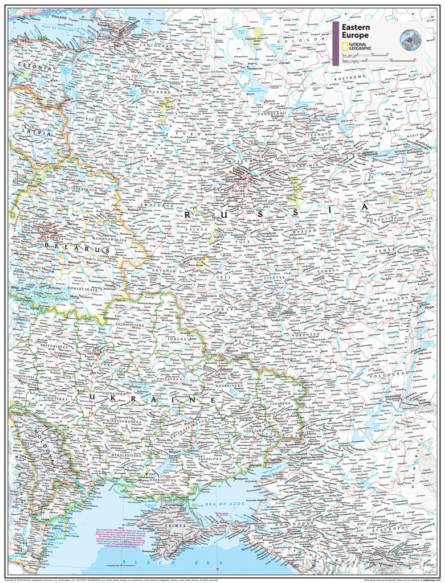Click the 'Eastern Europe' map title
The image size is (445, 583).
click(x=356, y=31)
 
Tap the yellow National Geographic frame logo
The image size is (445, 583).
click(x=345, y=47)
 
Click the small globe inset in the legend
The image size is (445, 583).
click(x=410, y=39)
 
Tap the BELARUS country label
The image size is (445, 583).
click(x=68, y=249)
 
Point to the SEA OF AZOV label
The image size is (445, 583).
click(x=225, y=504)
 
